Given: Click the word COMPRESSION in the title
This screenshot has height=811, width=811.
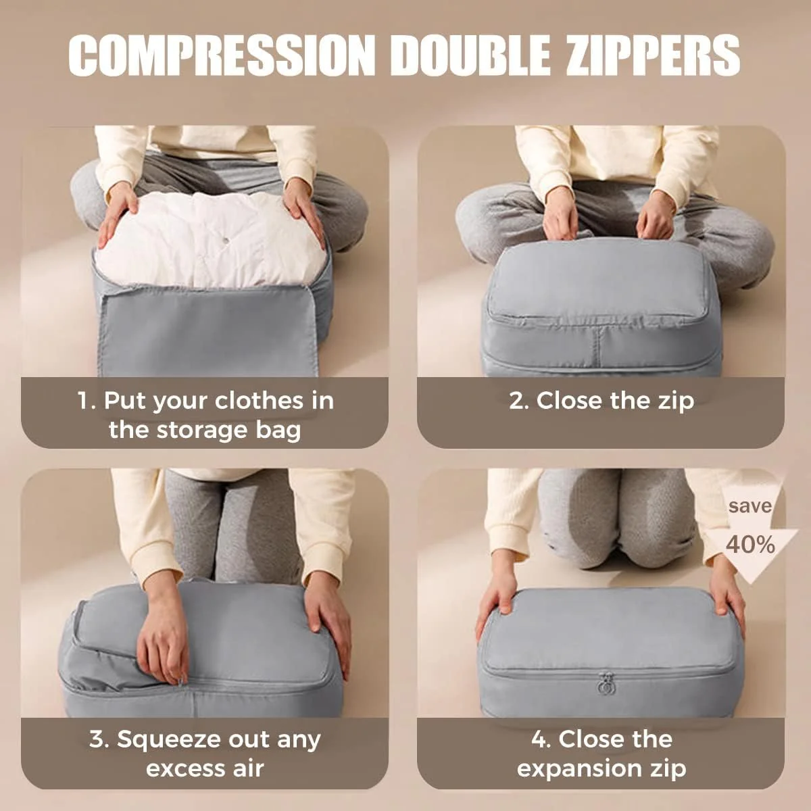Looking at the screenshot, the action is pos(220,55).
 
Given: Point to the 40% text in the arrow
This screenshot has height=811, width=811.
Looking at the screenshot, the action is pos(750,545).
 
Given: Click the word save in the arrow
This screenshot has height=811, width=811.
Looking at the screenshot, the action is pos(750,506).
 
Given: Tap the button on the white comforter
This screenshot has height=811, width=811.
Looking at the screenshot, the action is pos(226,241).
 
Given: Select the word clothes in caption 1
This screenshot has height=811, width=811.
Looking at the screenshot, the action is pos(258,400).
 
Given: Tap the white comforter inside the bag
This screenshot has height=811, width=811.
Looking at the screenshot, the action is pos(210,240).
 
